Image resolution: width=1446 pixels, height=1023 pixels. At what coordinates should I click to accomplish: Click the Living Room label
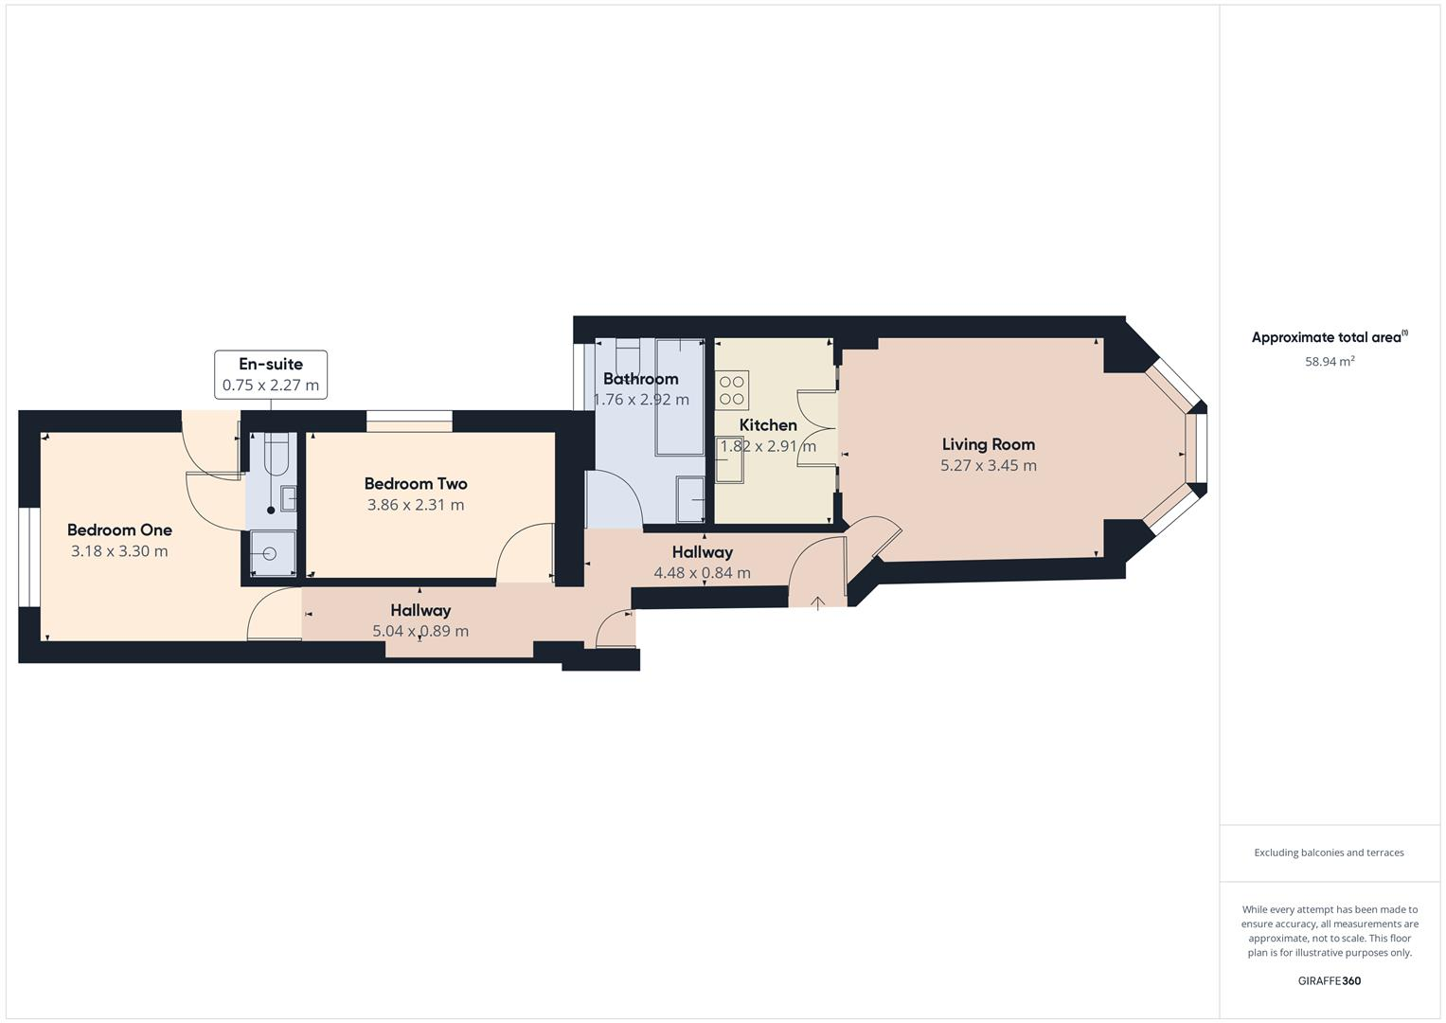tap(988, 444)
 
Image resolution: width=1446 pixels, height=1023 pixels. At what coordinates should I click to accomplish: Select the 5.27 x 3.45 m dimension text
tap(988, 466)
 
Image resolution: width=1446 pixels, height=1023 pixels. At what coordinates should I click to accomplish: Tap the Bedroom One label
tap(119, 530)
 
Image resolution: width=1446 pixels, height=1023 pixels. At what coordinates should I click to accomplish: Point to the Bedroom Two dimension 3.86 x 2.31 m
tap(416, 505)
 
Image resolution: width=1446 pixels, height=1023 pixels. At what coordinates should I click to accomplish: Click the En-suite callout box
tap(271, 374)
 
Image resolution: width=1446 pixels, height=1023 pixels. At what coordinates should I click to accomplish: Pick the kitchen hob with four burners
tap(731, 390)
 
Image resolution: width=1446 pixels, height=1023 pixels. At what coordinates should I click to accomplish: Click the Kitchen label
tap(767, 425)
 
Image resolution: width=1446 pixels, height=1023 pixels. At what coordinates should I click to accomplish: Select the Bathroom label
tap(640, 379)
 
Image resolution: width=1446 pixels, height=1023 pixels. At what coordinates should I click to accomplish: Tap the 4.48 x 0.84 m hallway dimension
tap(702, 573)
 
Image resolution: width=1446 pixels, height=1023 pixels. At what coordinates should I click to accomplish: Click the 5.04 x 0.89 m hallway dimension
tap(420, 632)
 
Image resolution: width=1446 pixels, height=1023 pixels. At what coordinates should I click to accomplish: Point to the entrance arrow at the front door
tap(817, 601)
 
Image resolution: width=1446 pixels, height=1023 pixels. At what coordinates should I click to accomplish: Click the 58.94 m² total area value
tap(1330, 362)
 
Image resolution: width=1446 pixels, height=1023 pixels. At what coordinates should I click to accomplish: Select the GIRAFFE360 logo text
tap(1329, 980)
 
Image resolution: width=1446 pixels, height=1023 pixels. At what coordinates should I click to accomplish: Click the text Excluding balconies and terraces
tap(1329, 852)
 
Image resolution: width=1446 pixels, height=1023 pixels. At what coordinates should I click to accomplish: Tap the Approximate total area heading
tap(1329, 337)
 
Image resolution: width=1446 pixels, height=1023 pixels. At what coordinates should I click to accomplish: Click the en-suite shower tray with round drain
tap(272, 553)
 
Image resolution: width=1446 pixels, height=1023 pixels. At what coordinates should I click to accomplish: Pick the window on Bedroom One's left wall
tap(28, 557)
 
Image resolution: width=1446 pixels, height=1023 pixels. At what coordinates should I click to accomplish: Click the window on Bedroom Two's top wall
tap(409, 422)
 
